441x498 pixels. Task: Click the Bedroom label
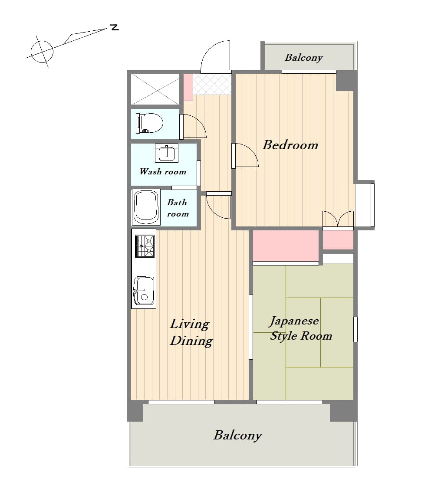click(290, 145)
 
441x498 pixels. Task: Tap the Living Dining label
click(191, 332)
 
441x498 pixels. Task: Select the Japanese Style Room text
click(300, 328)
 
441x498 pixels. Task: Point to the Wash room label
click(163, 172)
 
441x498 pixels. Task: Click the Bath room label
click(178, 208)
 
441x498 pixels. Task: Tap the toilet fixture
click(149, 123)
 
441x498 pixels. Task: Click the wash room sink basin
click(167, 154)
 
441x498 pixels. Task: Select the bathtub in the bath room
click(146, 207)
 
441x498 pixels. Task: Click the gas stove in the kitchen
click(145, 246)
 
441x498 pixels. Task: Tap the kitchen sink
click(144, 291)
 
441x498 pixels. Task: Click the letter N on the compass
click(115, 27)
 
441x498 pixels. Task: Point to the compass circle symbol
click(42, 52)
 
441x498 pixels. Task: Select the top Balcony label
click(304, 58)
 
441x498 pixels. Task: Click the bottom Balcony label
click(238, 436)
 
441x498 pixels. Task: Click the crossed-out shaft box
click(155, 89)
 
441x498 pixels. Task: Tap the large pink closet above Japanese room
click(286, 246)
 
